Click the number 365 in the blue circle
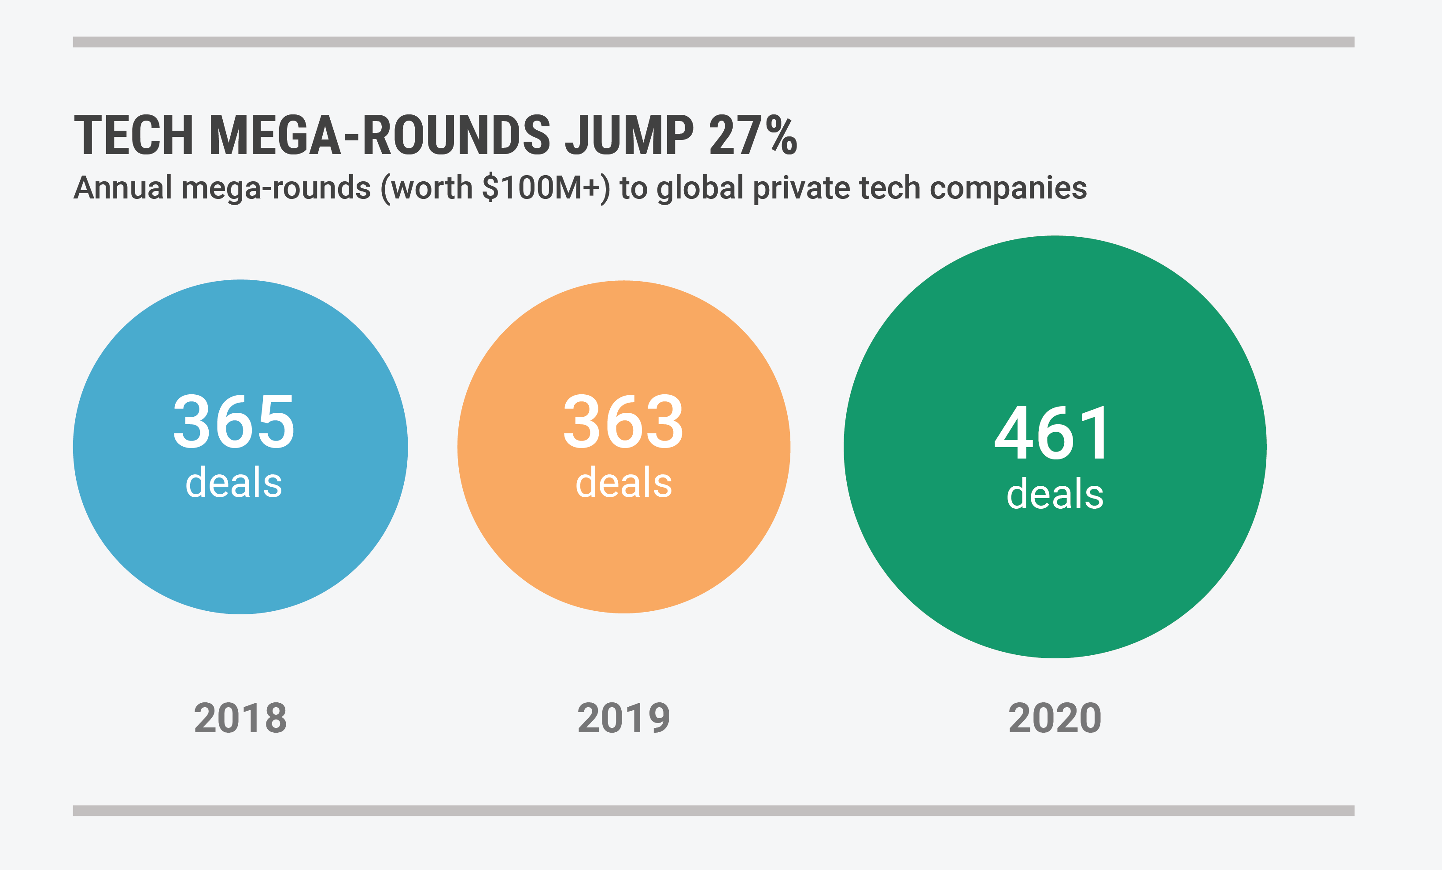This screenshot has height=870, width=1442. tap(234, 421)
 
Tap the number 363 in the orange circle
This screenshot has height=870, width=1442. tap(623, 421)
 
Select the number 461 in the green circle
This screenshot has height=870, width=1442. tap(1053, 433)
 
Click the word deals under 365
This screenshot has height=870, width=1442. tap(234, 483)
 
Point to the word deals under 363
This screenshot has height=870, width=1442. tap(624, 483)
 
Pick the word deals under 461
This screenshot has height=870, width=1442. tap(1055, 494)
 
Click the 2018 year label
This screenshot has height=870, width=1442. tap(240, 719)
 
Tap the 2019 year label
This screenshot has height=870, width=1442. tap(624, 719)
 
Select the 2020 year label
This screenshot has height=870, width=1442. tap(1055, 719)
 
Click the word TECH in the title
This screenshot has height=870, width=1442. tap(133, 136)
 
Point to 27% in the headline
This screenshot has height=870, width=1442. tap(753, 136)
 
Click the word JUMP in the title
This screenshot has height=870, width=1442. tap(630, 136)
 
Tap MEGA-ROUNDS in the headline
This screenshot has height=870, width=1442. tap(379, 136)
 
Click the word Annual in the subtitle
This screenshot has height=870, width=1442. tap(123, 188)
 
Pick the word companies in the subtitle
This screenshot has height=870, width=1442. tap(1008, 189)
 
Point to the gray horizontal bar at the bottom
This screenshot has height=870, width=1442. tap(713, 810)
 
